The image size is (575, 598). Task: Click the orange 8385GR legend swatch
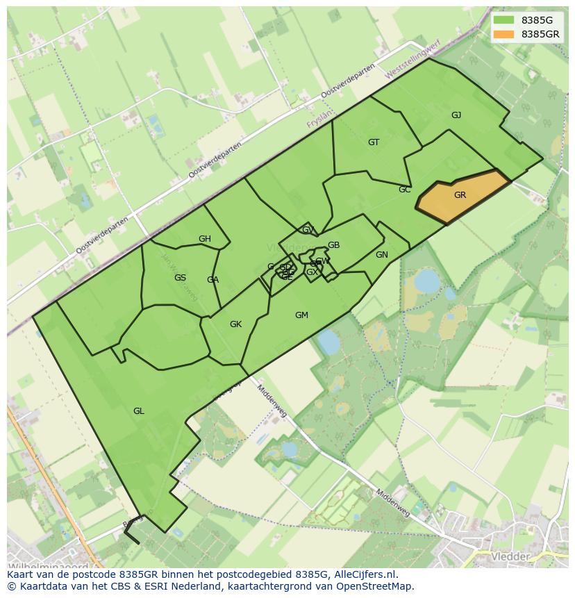click(x=504, y=34)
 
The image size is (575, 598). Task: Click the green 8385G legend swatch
click(x=504, y=20)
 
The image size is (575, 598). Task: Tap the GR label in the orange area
click(x=460, y=195)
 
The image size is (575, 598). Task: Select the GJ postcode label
click(x=456, y=115)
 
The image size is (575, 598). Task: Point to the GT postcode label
click(x=374, y=142)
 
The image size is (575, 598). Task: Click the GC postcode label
click(x=405, y=190)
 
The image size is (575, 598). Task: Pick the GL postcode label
click(x=139, y=411)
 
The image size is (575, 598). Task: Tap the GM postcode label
click(x=301, y=315)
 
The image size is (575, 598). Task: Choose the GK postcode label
click(x=235, y=324)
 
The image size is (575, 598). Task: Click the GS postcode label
click(x=180, y=278)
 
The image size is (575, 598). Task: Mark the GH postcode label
click(x=204, y=239)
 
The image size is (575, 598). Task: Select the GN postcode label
click(x=381, y=255)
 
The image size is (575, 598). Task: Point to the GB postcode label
click(x=333, y=245)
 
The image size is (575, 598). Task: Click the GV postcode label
click(x=308, y=230)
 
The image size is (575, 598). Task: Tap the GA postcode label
click(x=212, y=280)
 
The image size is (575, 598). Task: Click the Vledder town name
click(x=510, y=556)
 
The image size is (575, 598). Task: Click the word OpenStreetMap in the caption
click(x=374, y=586)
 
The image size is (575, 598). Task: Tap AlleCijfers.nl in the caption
click(x=364, y=574)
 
